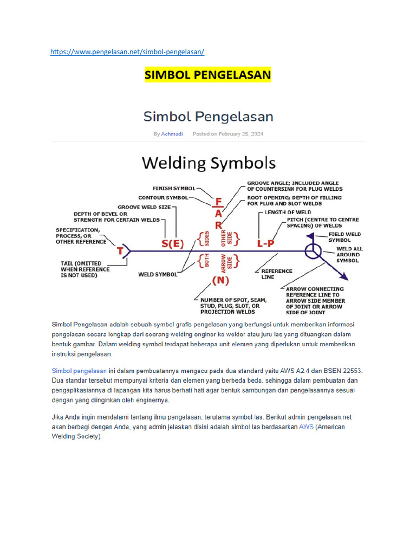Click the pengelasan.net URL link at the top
tap(127, 51)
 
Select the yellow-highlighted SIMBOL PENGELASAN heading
tap(208, 75)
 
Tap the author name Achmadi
tap(172, 134)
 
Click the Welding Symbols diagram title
tap(209, 163)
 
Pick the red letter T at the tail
tap(121, 251)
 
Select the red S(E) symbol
tap(172, 244)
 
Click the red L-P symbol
tap(266, 244)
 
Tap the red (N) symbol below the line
tap(221, 280)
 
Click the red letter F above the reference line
tap(218, 202)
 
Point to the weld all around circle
tap(313, 251)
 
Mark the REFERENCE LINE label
tap(276, 274)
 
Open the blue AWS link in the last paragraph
tap(307, 427)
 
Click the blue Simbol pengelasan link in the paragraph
tap(79, 371)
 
